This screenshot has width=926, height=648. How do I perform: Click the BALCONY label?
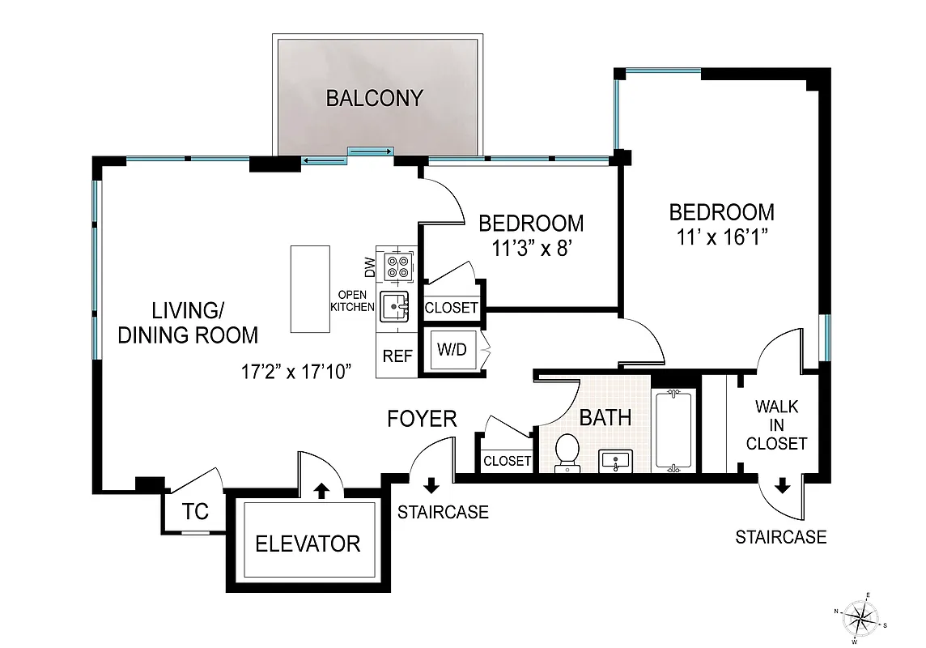[374, 98]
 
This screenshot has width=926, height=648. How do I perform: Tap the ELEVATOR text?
[308, 543]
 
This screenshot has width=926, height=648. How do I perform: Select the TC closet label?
[195, 512]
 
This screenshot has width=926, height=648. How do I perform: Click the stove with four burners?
[397, 266]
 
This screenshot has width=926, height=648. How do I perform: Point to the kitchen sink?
[397, 307]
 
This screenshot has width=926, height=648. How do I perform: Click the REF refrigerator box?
[397, 356]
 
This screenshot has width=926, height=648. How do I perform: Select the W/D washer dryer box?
[451, 351]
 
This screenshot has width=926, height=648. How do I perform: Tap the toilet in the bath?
[567, 452]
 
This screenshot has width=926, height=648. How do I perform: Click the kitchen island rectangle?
[312, 289]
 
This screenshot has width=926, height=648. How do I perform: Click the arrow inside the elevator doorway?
[321, 488]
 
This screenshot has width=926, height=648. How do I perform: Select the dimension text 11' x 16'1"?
[721, 237]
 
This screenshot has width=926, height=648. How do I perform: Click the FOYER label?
[422, 419]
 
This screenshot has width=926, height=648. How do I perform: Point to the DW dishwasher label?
[368, 266]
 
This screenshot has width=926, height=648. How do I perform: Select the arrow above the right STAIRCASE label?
[782, 486]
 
